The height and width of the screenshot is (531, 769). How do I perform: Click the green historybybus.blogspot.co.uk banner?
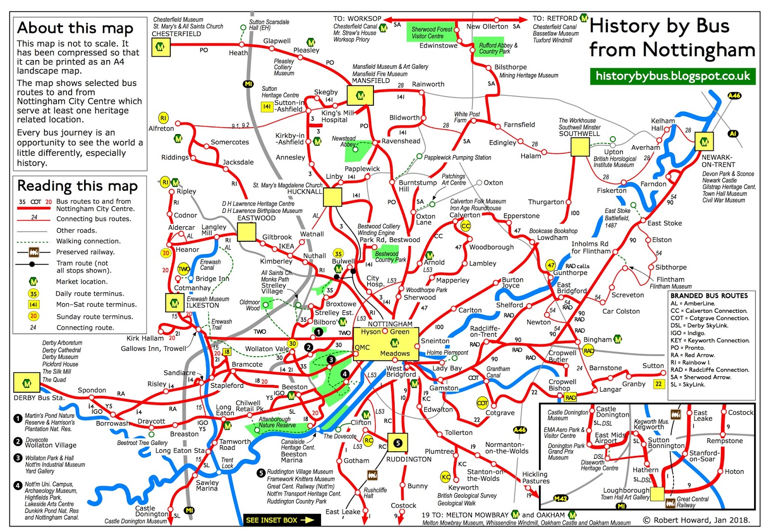click(x=672, y=76)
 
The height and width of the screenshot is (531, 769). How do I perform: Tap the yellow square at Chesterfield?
click(x=161, y=47)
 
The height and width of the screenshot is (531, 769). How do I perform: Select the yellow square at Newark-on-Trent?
click(x=704, y=142)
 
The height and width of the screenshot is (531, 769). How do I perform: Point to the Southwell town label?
click(x=579, y=134)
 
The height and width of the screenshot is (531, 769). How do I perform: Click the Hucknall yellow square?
click(x=333, y=197)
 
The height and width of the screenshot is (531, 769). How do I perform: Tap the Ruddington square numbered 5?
click(x=398, y=443)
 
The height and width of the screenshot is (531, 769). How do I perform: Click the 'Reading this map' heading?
click(x=77, y=185)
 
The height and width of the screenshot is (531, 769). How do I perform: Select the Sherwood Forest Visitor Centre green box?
click(x=432, y=33)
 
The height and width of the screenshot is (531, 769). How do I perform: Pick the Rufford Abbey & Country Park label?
click(x=498, y=49)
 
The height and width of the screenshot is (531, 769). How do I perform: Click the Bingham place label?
click(x=597, y=340)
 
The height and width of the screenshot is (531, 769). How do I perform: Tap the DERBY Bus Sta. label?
click(x=38, y=398)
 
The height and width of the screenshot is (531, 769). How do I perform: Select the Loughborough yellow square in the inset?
click(x=657, y=494)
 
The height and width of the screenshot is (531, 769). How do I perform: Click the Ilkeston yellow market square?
click(x=174, y=303)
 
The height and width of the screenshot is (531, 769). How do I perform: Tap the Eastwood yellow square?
click(x=247, y=232)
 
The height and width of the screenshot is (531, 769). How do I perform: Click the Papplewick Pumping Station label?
click(x=457, y=158)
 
